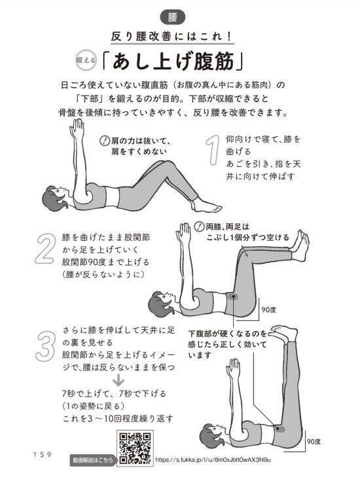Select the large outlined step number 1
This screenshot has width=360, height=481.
point(211,152)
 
